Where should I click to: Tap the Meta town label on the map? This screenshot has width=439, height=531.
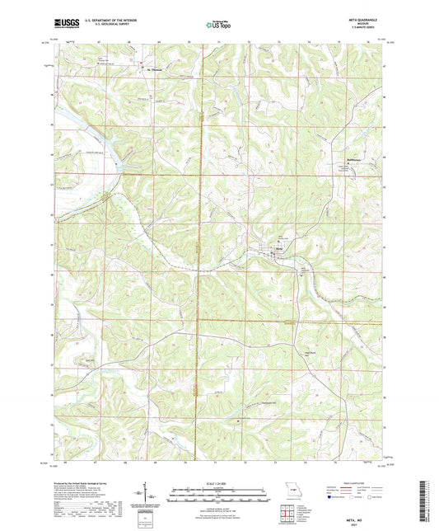click(280, 247)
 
